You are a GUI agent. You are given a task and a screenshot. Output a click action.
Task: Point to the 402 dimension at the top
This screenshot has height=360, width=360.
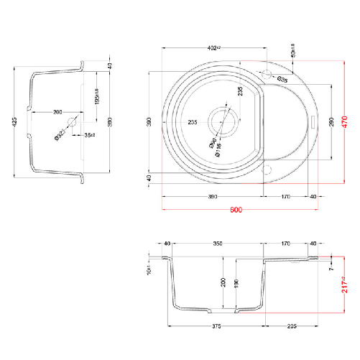pyautogui.click(x=213, y=49)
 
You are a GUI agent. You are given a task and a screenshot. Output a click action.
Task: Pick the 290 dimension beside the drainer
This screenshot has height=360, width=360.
pyautogui.click(x=331, y=121)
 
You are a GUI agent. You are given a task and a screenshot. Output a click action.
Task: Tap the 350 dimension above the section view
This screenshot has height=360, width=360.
pyautogui.click(x=218, y=244)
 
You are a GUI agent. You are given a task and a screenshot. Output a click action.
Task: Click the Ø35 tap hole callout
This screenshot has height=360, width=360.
pyautogui.click(x=282, y=78)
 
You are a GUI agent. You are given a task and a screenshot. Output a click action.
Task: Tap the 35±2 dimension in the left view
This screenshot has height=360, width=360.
pyautogui.click(x=90, y=134)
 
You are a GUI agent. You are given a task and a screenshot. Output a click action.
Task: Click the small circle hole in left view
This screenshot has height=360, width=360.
pyautogui.click(x=72, y=123)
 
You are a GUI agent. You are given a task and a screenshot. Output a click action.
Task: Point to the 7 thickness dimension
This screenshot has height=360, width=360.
pyautogui.click(x=331, y=269)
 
